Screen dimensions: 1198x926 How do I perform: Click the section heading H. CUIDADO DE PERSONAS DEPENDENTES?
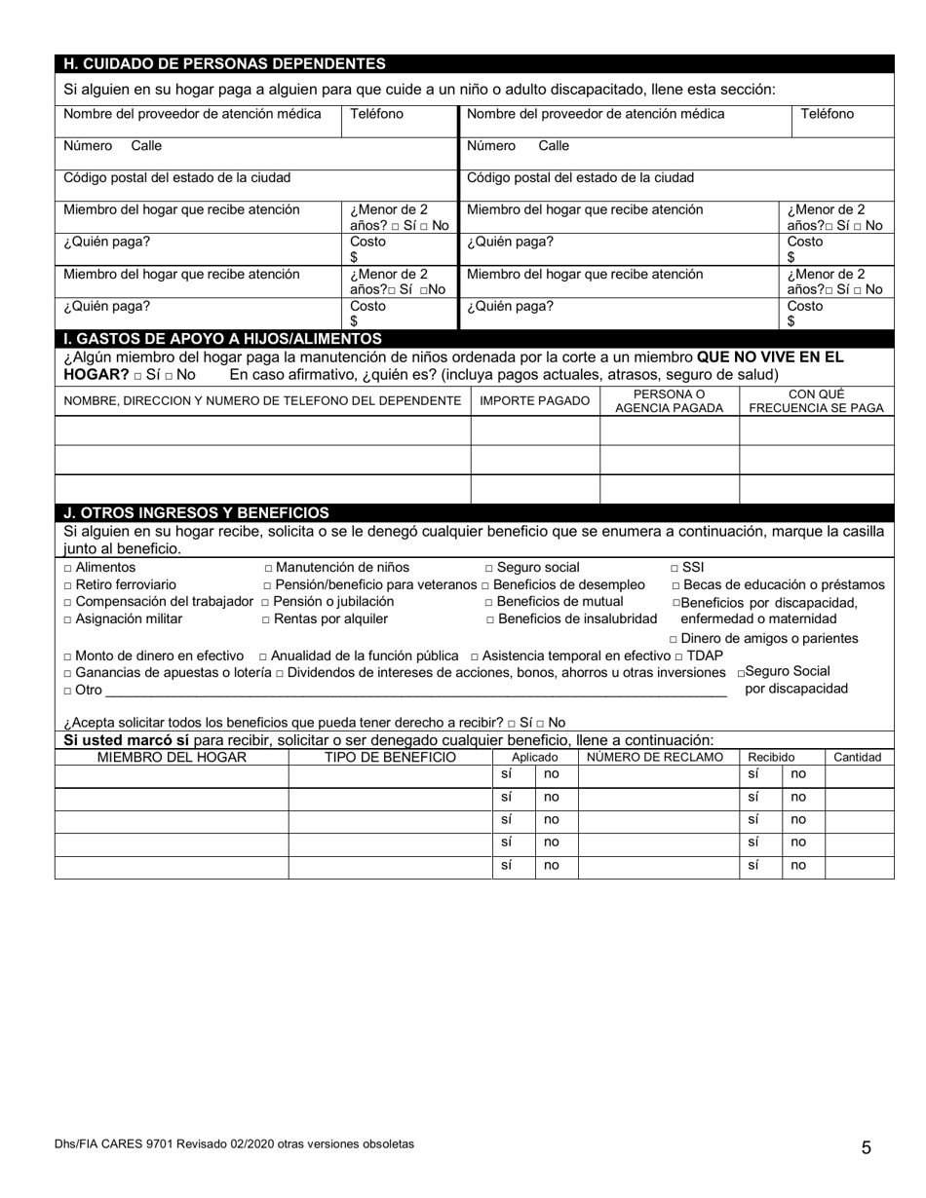tap(224, 64)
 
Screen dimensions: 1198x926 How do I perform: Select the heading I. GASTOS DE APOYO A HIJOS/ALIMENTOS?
tap(222, 339)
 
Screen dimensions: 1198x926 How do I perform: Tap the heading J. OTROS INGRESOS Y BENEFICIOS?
tap(196, 512)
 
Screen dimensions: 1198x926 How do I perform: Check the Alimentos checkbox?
tap(68, 568)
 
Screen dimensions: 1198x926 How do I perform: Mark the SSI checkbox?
tap(675, 568)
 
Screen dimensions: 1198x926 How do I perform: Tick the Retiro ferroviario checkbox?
tap(68, 585)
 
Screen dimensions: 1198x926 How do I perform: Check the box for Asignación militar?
tap(68, 619)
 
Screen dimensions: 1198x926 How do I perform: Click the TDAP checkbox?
tap(678, 656)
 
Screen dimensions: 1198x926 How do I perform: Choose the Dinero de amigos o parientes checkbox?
tap(674, 639)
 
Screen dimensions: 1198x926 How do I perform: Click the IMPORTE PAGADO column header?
tap(534, 401)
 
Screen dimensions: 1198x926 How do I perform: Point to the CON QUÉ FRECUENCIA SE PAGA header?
tap(816, 401)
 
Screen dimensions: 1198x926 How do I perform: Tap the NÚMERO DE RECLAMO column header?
tap(655, 757)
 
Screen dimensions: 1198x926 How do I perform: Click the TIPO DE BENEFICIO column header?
tap(390, 757)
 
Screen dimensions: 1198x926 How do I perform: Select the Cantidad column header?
tap(857, 757)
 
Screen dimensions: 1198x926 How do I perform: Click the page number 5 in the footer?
tap(866, 1147)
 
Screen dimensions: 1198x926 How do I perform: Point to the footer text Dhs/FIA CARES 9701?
tap(234, 1144)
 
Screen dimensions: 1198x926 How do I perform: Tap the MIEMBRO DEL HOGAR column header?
tap(172, 757)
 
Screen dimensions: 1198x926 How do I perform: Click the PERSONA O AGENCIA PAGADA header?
tap(669, 401)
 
